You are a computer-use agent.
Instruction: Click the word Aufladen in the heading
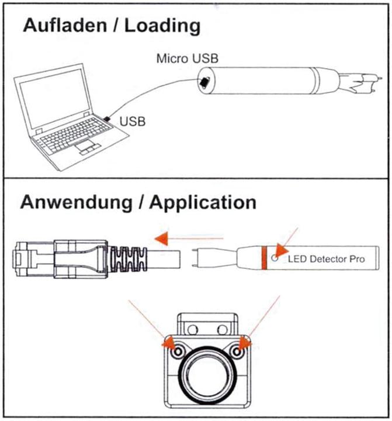click(x=63, y=26)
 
